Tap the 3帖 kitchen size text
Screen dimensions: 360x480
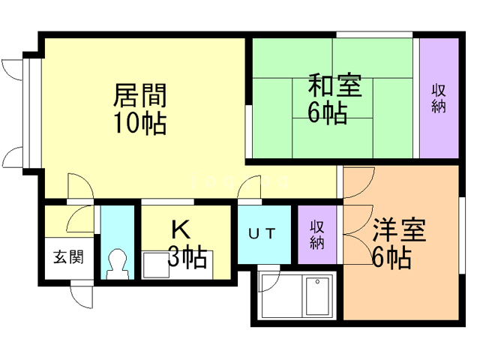187,258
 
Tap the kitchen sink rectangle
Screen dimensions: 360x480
156,265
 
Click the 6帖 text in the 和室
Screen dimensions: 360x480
327,114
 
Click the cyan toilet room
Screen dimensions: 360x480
116,240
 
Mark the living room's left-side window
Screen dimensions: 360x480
28,112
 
